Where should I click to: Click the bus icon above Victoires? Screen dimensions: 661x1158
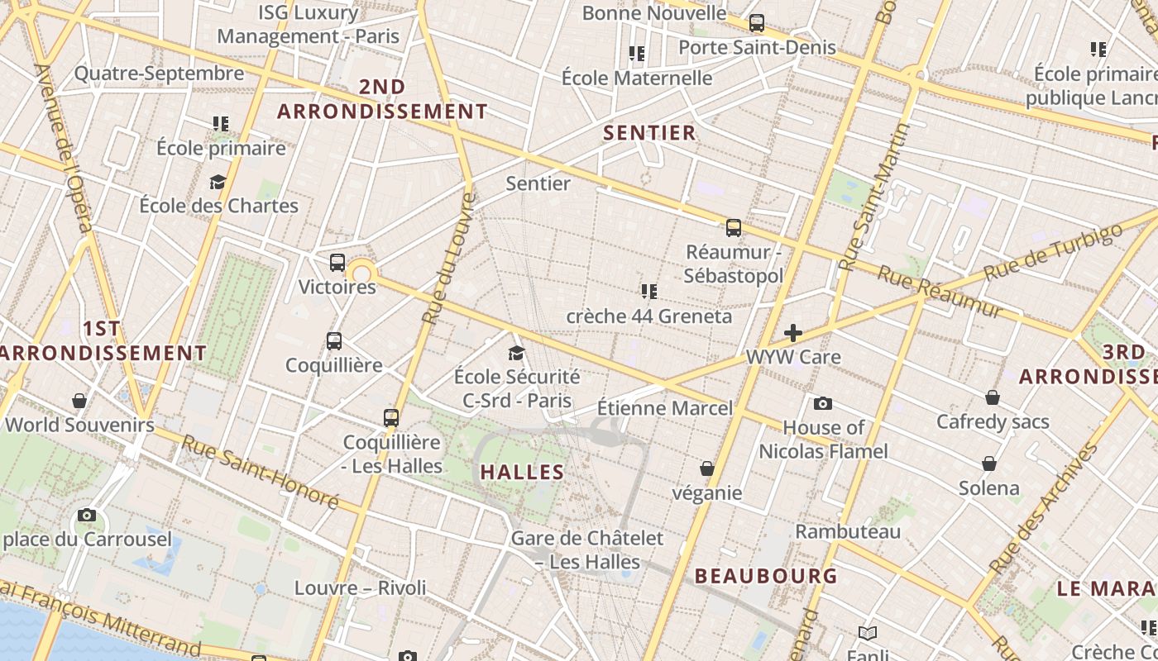(x=337, y=263)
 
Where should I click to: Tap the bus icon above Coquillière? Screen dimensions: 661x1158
(x=334, y=341)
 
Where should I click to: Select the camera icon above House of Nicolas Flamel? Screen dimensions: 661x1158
(x=823, y=403)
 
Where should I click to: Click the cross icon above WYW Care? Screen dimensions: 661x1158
(x=793, y=333)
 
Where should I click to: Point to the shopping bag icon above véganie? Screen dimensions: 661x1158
(x=707, y=468)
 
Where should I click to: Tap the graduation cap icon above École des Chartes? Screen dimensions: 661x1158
(x=218, y=182)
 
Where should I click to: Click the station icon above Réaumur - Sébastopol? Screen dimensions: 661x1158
(x=734, y=228)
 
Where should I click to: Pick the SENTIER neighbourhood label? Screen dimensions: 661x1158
(x=649, y=132)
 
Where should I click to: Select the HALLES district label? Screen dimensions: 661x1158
(x=522, y=473)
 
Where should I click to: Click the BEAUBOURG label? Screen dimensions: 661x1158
(x=766, y=576)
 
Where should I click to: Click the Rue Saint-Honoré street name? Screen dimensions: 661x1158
(x=261, y=472)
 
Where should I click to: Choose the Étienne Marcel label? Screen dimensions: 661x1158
(x=665, y=408)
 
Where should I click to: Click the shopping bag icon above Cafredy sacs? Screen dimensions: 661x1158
(x=993, y=397)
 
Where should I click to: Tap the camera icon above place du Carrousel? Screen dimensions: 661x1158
(x=87, y=516)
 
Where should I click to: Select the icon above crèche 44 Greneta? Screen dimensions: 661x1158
(x=649, y=291)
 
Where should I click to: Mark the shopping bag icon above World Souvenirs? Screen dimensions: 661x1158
(x=79, y=401)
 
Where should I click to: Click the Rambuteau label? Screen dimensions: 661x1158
(x=848, y=531)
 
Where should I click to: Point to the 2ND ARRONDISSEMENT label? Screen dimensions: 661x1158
(x=382, y=99)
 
